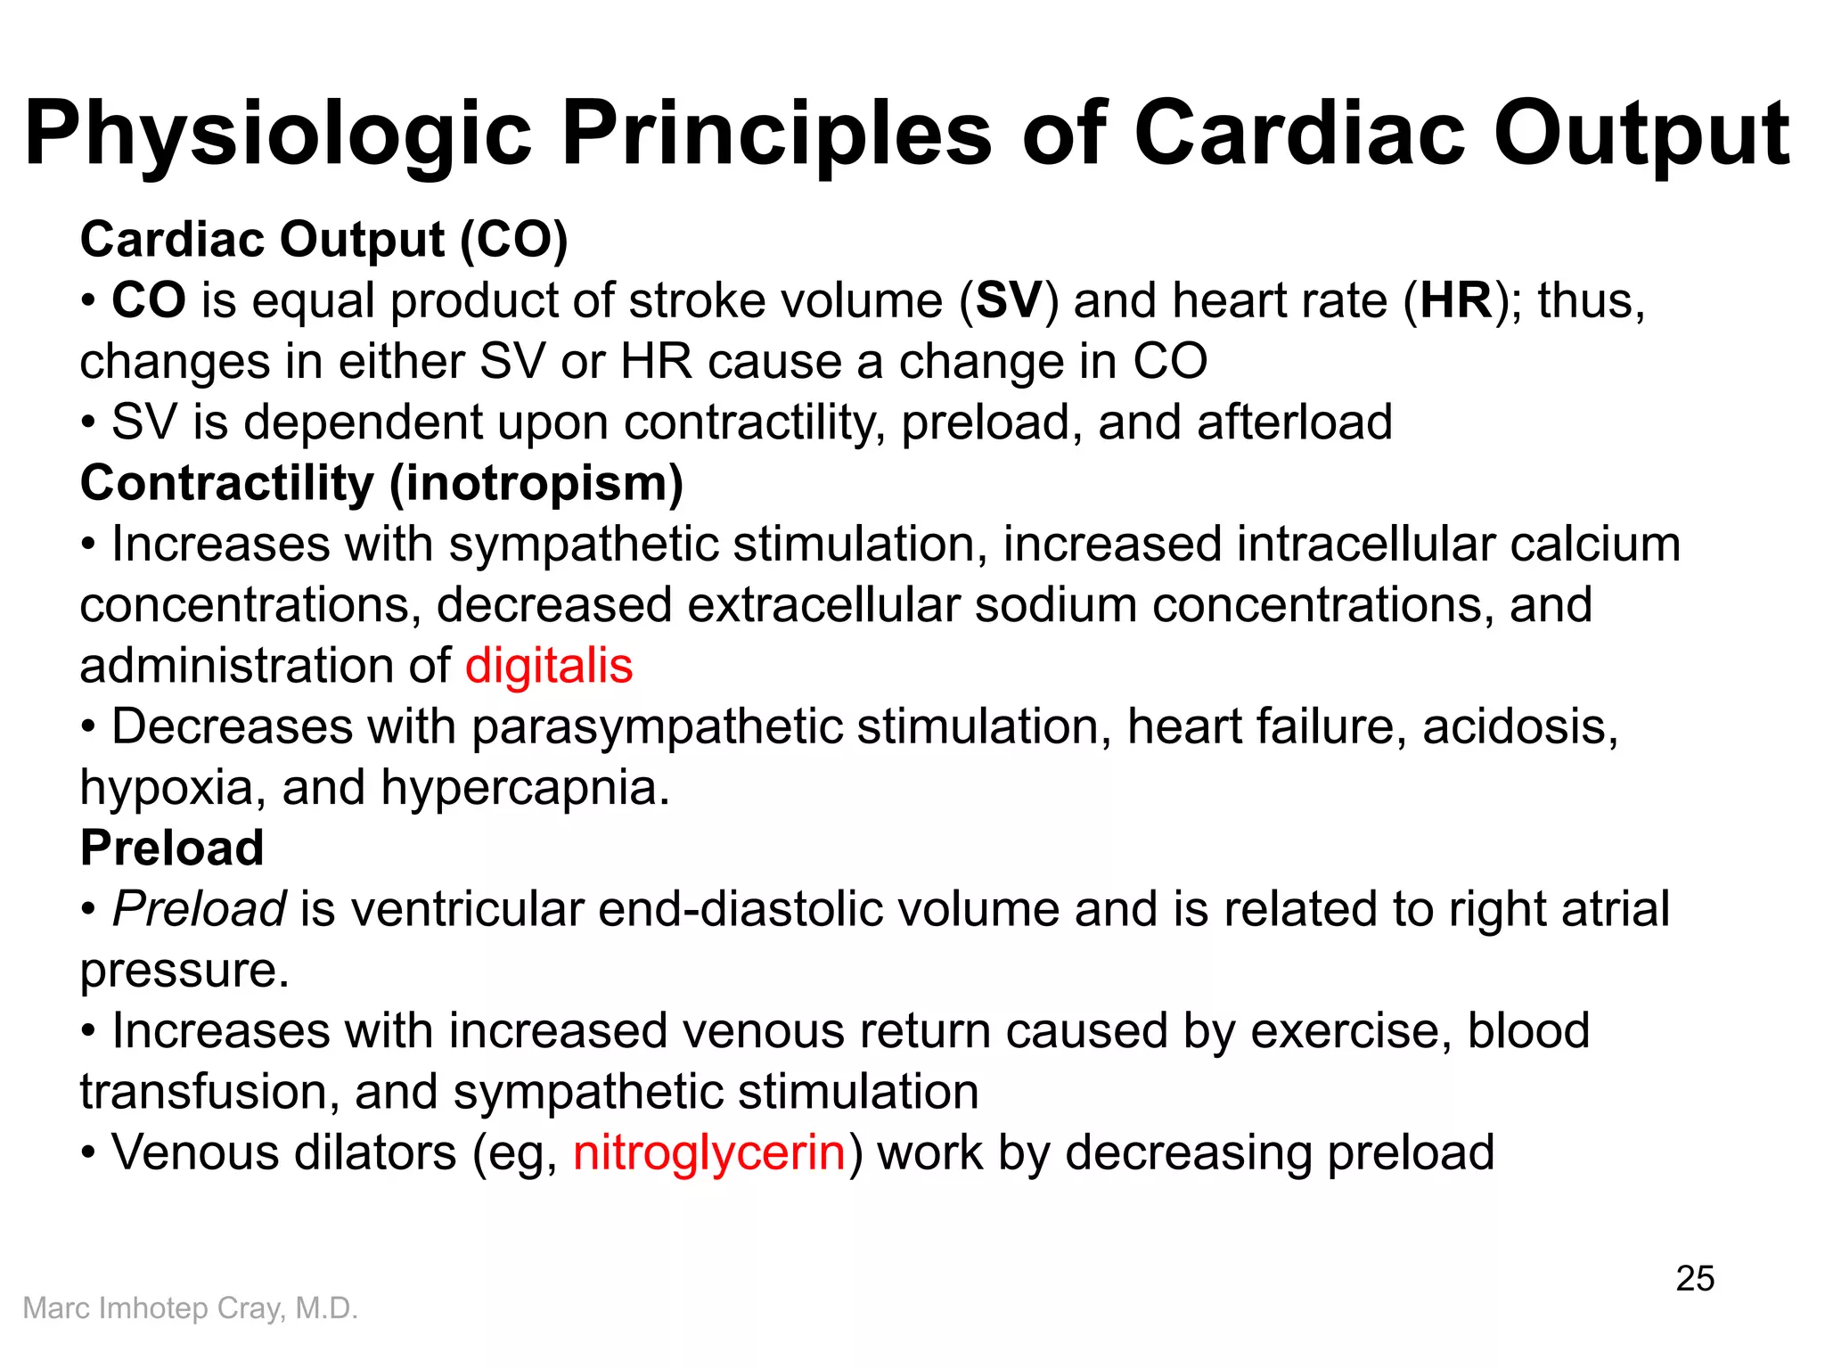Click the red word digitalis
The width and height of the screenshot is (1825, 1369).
point(548,666)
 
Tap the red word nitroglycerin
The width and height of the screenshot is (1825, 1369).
point(708,1152)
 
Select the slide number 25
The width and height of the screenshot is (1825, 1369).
point(1694,1279)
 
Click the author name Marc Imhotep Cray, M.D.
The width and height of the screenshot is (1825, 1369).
point(190,1308)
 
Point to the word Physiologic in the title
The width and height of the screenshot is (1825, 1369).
point(278,135)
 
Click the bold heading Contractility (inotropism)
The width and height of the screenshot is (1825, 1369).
point(381,483)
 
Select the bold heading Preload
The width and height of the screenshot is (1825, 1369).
point(172,848)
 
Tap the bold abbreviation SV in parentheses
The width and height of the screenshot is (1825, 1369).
point(1009,300)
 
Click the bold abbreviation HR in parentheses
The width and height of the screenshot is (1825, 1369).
point(1456,300)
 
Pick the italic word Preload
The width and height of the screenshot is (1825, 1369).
point(199,909)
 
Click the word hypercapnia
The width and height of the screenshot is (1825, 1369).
point(525,788)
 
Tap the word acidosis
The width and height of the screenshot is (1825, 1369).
point(1519,727)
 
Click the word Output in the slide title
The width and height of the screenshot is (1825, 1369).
point(1641,135)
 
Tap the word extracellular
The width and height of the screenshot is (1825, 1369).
point(823,605)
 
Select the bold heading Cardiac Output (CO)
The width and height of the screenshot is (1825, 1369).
point(323,240)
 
